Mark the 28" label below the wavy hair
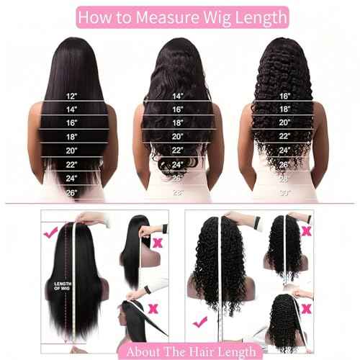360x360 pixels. click(177, 192)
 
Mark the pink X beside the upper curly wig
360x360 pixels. click(307, 230)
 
